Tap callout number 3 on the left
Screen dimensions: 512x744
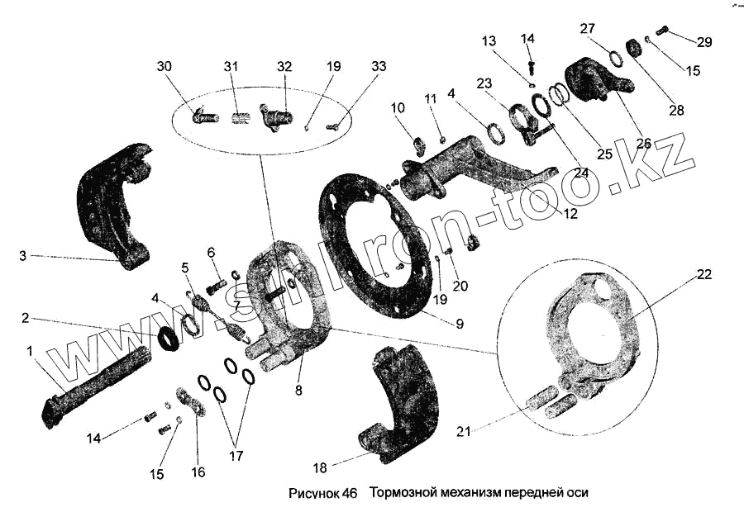coord(23,257)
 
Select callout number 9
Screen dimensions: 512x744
coord(460,324)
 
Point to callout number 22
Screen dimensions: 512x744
coord(703,274)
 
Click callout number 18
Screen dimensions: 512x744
coord(320,467)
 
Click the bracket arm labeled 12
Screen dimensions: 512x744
coord(471,178)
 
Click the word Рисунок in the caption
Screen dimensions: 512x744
coord(311,494)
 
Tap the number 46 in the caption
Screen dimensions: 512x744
coord(349,494)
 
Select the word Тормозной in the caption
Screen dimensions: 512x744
coord(401,494)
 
